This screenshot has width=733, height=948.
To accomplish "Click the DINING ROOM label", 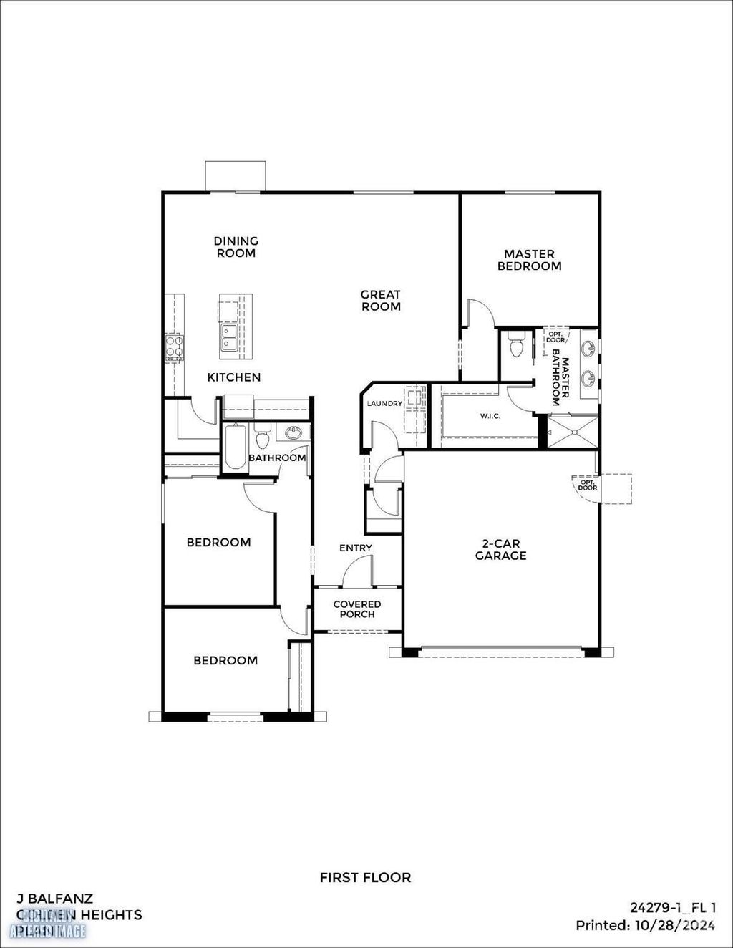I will click(236, 247).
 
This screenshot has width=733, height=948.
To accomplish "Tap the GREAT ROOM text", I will click(381, 300).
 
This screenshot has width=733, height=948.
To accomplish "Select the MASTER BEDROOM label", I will click(529, 260).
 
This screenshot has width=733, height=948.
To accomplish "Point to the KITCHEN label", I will click(234, 377).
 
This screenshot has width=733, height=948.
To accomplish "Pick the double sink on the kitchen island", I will click(230, 338).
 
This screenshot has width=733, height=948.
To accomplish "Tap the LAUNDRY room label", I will click(384, 404).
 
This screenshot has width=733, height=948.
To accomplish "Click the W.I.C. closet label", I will click(490, 417).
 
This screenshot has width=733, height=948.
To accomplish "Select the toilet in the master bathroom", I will click(515, 346).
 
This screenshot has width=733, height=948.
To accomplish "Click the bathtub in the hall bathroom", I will click(234, 448).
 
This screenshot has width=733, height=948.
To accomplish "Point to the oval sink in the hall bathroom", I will click(293, 432).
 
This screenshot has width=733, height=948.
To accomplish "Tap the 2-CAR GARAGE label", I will click(500, 550).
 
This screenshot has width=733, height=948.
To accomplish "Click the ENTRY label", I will click(356, 548).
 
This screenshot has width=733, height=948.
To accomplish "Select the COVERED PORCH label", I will click(357, 609).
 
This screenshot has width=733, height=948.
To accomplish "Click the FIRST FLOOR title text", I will click(365, 877).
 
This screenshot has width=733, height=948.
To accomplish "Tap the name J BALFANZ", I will click(54, 898).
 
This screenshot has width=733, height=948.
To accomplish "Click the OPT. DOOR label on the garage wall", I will click(588, 484).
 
